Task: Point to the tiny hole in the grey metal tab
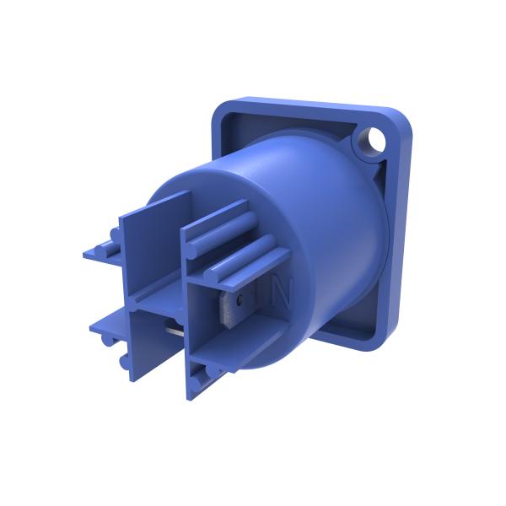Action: (241, 299)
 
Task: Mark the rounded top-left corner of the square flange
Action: (221, 108)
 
